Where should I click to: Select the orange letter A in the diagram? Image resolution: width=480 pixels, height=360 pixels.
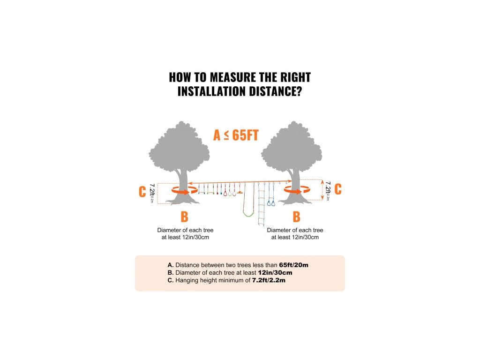click(217, 135)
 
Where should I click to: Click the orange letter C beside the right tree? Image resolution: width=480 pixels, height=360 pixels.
click(337, 189)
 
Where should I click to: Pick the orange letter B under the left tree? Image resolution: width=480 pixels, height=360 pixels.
click(184, 217)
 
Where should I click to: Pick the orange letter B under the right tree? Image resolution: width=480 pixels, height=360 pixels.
click(296, 217)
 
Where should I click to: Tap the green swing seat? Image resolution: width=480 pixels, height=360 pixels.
click(248, 214)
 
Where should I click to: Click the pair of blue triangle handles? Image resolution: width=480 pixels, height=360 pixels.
click(271, 202)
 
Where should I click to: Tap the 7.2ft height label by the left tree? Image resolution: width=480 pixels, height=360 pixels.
click(151, 192)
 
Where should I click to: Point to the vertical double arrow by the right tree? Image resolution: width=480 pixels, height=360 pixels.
click(322, 190)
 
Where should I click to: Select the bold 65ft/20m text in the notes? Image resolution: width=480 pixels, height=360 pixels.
click(293, 265)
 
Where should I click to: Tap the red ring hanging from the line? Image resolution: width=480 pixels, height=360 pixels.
click(226, 193)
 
